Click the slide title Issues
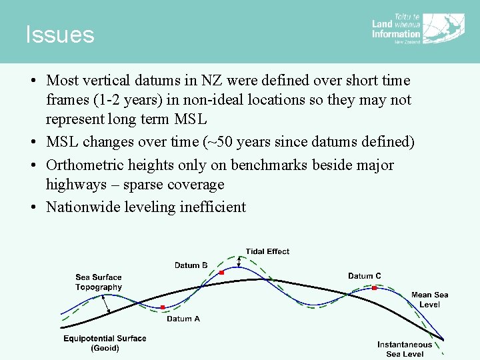click(x=60, y=35)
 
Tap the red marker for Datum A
click(x=163, y=307)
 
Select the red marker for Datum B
click(x=222, y=273)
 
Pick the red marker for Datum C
click(x=375, y=288)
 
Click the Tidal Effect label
click(x=267, y=251)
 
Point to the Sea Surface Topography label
click(x=99, y=282)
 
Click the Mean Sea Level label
click(x=429, y=299)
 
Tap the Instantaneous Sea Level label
click(x=404, y=349)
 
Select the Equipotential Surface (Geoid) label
click(x=105, y=343)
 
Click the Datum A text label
click(x=183, y=319)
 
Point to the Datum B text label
click(x=191, y=265)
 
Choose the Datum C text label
click(x=365, y=276)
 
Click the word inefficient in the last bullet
click(x=212, y=207)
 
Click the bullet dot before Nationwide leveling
click(x=33, y=207)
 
